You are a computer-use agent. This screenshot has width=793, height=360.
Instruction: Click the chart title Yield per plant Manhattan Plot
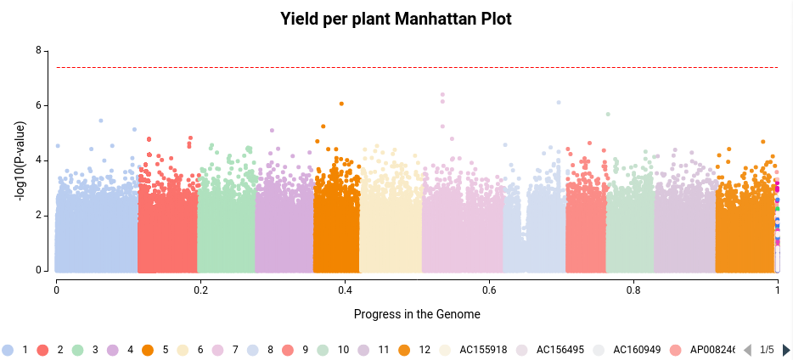pos(396,19)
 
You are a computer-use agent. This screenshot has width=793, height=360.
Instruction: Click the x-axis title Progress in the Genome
pos(417,314)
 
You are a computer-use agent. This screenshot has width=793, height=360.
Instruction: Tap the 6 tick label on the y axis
pos(38,105)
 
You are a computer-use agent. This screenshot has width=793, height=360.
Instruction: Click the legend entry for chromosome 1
pos(17,350)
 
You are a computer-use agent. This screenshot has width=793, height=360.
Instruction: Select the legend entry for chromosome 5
pos(156,350)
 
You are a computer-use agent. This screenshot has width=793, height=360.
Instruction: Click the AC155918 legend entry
pos(475,350)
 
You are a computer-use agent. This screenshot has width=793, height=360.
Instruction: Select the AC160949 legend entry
pos(628,350)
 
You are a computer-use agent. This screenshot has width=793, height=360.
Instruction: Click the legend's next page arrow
pos(786,350)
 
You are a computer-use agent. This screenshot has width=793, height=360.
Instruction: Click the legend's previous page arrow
pos(748,350)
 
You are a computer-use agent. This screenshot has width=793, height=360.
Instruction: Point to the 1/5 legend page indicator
pos(767,350)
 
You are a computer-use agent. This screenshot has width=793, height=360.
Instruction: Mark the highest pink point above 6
pos(442,94)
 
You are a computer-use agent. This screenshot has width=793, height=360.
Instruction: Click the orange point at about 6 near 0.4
pos(341,104)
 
